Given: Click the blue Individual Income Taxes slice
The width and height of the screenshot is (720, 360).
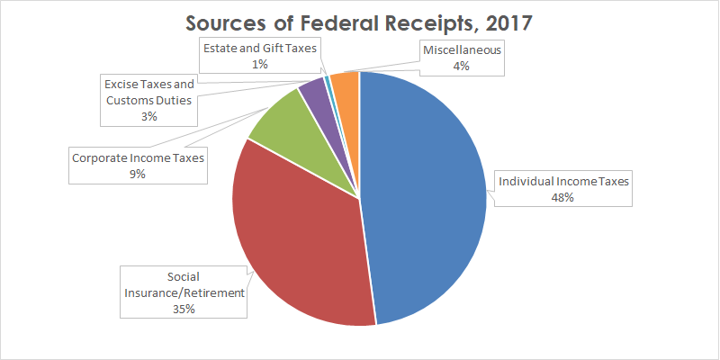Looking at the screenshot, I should point(423,198).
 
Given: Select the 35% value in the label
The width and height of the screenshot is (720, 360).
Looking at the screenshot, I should point(184,309).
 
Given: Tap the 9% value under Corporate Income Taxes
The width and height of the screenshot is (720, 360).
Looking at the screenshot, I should point(138,174).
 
